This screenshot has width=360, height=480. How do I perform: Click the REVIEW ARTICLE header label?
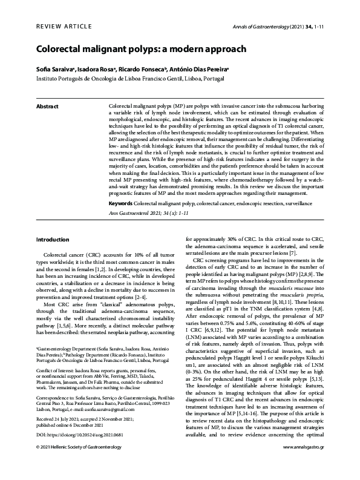64,27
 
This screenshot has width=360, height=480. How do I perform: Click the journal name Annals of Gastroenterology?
264,27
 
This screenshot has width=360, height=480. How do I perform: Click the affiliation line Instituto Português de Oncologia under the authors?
125,79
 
